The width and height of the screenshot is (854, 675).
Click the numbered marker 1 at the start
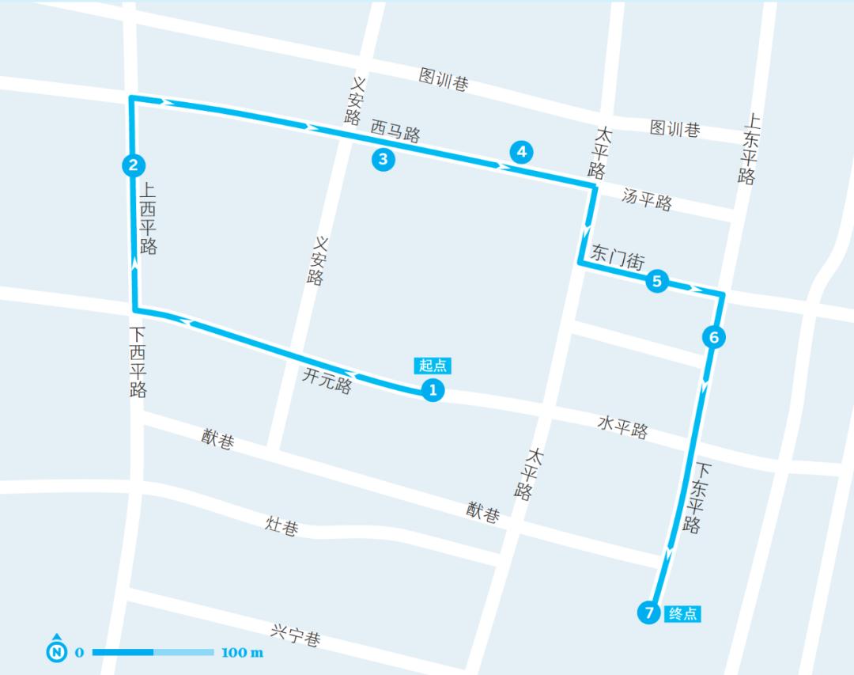[x=432, y=389]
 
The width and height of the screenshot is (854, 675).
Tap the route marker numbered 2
[x=133, y=165]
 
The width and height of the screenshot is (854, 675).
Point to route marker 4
[x=521, y=151]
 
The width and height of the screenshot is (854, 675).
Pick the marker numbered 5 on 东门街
[x=657, y=281]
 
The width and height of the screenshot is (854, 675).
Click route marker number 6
[x=713, y=338]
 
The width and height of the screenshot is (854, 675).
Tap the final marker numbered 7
[x=648, y=612]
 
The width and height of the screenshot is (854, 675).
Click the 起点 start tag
[x=433, y=365]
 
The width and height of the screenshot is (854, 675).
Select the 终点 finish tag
[x=683, y=613]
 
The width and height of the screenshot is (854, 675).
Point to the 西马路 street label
[x=395, y=129]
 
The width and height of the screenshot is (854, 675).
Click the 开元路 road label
[x=327, y=381]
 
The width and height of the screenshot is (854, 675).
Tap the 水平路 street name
[x=622, y=427]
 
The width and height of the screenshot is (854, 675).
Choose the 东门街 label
[x=618, y=257]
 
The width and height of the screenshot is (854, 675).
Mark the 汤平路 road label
[x=647, y=199]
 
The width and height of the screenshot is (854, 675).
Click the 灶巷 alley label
[x=282, y=525]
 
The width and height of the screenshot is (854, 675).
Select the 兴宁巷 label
[x=295, y=635]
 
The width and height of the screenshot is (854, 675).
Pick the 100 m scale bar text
[x=243, y=653]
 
